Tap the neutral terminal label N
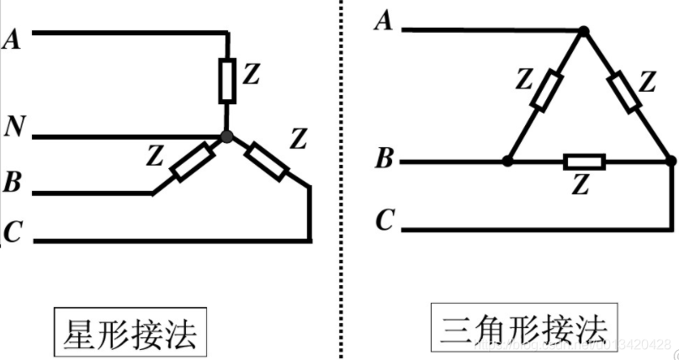coord(13,127)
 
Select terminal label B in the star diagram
coord(13,181)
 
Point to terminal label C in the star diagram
coord(12,231)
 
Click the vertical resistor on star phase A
coord(227,80)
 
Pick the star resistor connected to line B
coord(189,163)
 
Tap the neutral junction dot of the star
coord(226,135)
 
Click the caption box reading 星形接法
coord(130,333)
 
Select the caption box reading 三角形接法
coord(523,330)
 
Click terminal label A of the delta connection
coord(384,21)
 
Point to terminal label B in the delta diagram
coord(384,157)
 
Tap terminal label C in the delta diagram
coord(385,221)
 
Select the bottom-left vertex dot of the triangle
coord(507,160)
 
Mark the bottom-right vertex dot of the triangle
coord(670,160)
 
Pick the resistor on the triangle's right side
coord(623,91)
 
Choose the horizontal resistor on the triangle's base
coord(584,161)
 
